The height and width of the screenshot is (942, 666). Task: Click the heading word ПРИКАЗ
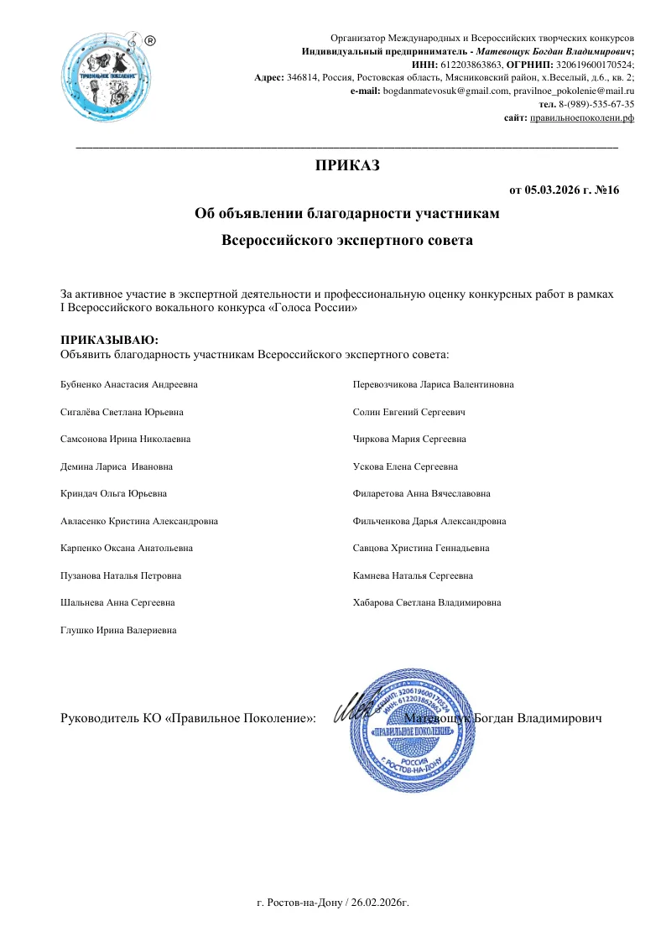click(346, 165)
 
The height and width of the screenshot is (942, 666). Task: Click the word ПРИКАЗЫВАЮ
click(109, 340)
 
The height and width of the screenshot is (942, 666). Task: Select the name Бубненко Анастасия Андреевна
click(131, 384)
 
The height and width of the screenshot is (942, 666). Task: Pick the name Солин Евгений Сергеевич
click(409, 412)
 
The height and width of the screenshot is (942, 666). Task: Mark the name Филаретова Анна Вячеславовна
click(422, 494)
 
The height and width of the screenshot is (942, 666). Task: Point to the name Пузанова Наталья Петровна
click(121, 576)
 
